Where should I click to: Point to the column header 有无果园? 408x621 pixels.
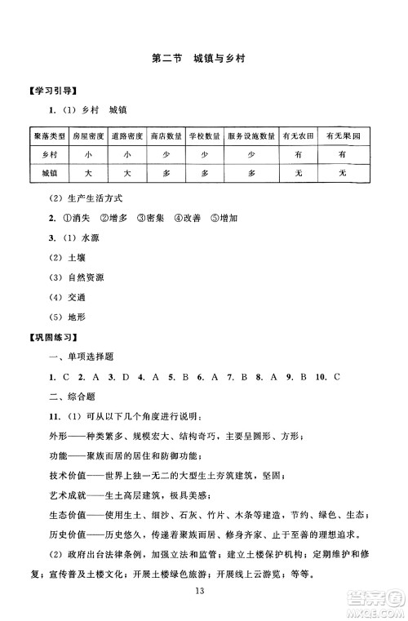[343, 137]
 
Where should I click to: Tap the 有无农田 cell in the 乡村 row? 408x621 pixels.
[299, 154]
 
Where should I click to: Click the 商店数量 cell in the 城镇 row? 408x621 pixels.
[166, 174]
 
